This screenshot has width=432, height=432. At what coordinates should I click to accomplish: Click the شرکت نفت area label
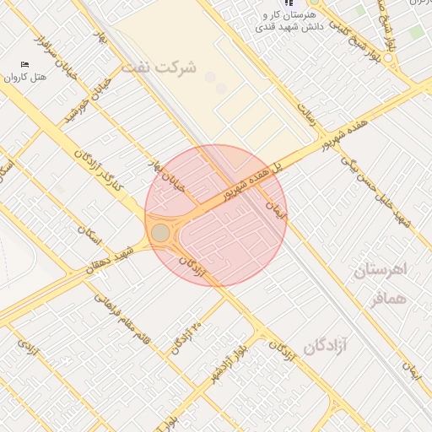pos(158,67)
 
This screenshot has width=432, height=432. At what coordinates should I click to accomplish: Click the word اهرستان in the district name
pos(380,271)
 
